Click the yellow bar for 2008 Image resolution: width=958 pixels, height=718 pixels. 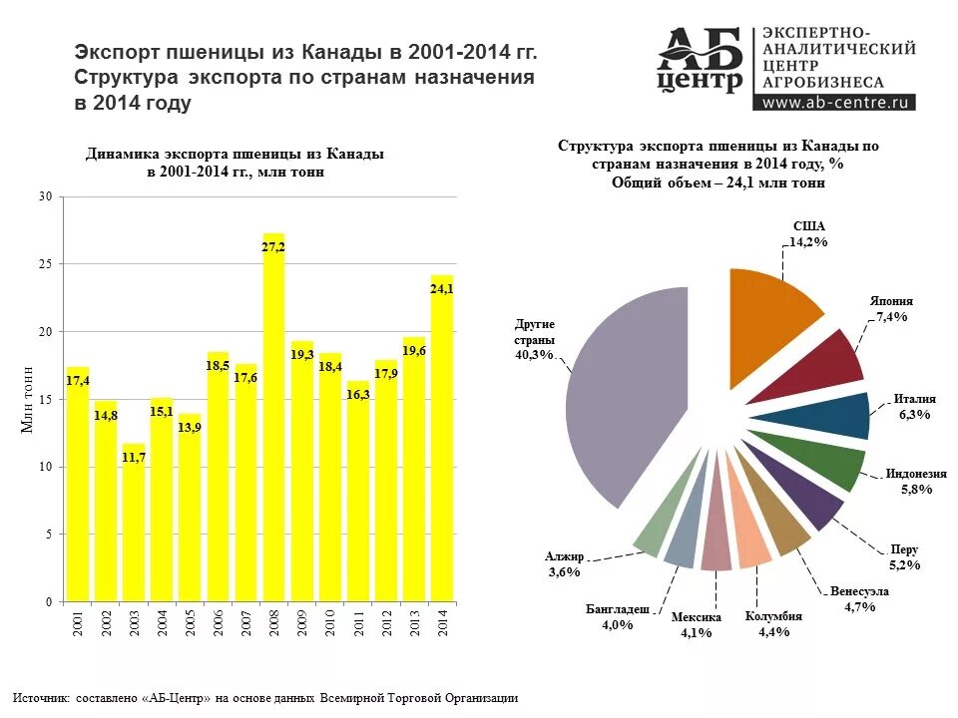tap(273, 419)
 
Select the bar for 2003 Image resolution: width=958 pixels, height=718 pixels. tap(134, 524)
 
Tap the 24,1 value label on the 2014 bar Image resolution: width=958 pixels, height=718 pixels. tap(441, 289)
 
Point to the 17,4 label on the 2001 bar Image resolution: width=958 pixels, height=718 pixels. tap(78, 381)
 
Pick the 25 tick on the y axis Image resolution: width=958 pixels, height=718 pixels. tap(45, 264)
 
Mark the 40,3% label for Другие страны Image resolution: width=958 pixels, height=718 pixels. tap(534, 355)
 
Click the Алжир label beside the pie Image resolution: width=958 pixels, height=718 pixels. tap(564, 556)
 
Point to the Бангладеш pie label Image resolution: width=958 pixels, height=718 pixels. tap(618, 608)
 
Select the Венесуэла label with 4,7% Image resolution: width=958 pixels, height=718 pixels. tap(859, 591)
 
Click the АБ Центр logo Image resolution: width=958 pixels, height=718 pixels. tap(701, 62)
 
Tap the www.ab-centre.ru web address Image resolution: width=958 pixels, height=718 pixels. tap(836, 102)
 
